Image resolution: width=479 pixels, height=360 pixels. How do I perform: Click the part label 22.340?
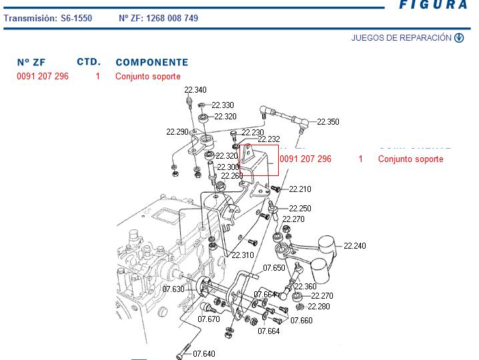(195, 90)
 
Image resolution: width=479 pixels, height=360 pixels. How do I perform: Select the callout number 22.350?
(328, 122)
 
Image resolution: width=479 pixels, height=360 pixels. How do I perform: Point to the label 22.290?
(177, 132)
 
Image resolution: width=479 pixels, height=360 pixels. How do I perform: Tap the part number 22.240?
(354, 246)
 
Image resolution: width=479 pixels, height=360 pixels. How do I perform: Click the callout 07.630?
(173, 289)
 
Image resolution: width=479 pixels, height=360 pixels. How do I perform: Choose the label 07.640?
(204, 353)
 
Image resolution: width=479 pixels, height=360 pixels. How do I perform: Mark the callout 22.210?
(300, 189)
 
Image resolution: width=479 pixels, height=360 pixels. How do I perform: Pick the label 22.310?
(243, 255)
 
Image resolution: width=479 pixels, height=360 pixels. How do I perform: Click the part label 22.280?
(319, 307)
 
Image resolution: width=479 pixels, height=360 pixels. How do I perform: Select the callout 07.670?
(209, 319)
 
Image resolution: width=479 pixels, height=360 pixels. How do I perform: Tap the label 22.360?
(306, 287)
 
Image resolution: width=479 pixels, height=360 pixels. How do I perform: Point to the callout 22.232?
(268, 139)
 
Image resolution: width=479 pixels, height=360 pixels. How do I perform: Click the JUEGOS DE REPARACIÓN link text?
(401, 38)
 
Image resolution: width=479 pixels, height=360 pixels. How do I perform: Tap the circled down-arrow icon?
(459, 38)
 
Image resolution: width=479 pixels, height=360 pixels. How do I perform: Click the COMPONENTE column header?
(151, 63)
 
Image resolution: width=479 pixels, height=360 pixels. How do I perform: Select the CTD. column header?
(88, 62)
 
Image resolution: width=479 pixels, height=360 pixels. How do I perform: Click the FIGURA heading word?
(433, 5)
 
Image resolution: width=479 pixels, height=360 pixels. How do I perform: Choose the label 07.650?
(274, 268)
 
